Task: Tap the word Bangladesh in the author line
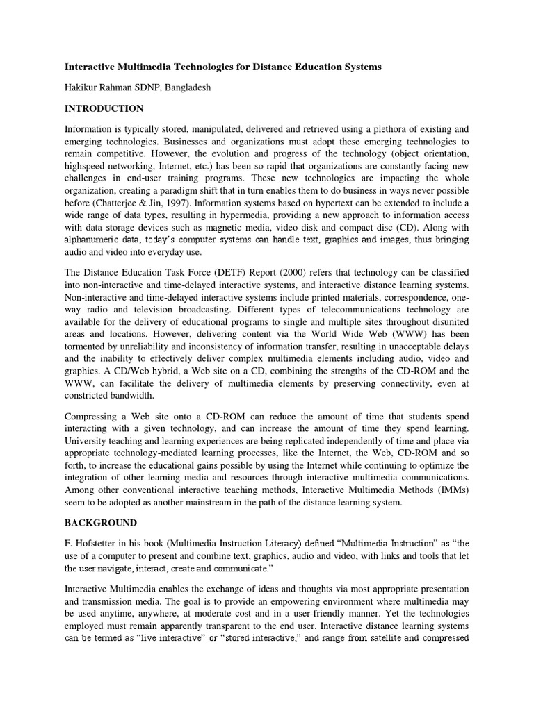coord(202,88)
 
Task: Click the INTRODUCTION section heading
coord(104,109)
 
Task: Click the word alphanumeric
coord(95,241)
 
